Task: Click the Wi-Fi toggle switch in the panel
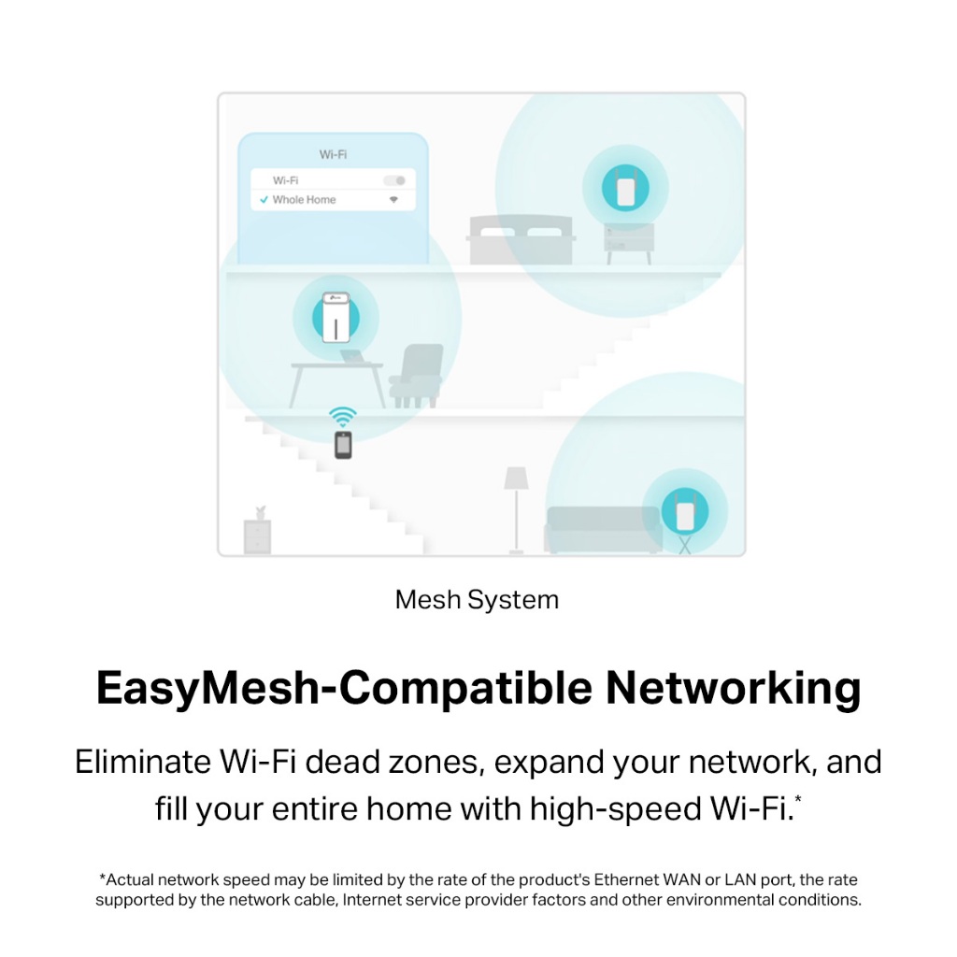tap(394, 179)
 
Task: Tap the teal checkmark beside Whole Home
tap(264, 200)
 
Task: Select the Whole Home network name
tap(304, 200)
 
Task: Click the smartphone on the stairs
tap(344, 445)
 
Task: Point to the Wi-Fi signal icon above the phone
tap(343, 417)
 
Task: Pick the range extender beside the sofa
tap(684, 511)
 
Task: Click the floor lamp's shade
tap(516, 478)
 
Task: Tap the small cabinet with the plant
tap(257, 535)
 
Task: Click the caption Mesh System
tap(477, 600)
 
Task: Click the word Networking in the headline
tap(733, 689)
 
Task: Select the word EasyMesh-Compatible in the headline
tap(344, 689)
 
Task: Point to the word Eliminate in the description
tap(143, 763)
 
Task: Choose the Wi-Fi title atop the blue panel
tap(333, 154)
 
